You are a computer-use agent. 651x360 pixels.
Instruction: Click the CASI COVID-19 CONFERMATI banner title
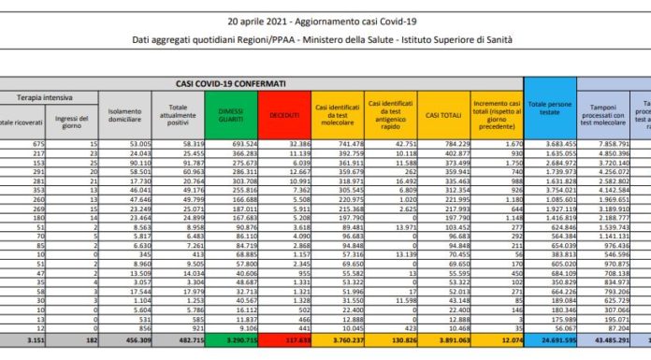click(x=234, y=83)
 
